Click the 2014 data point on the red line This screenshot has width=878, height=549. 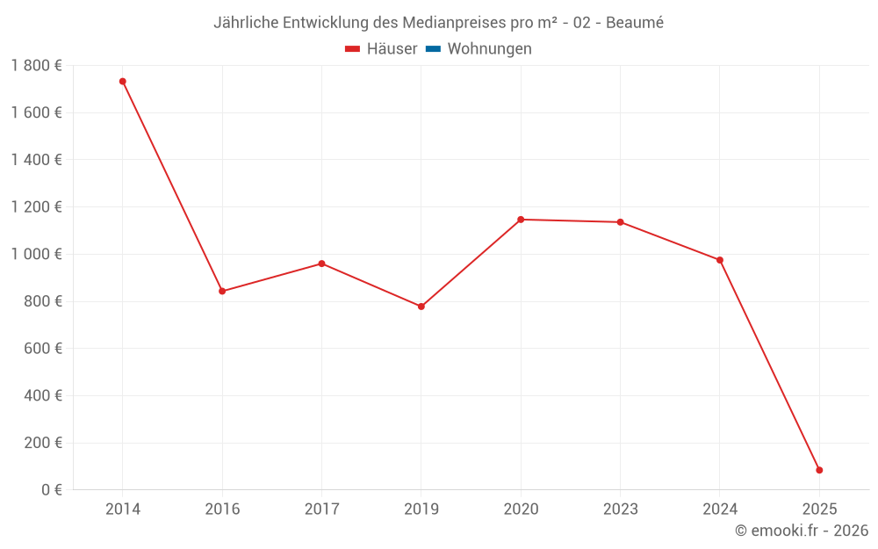(x=123, y=82)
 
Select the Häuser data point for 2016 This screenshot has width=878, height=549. (x=222, y=291)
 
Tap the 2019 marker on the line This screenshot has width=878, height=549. (x=421, y=307)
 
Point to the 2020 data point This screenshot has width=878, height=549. (x=521, y=220)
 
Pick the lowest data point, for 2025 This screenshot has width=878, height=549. (x=819, y=470)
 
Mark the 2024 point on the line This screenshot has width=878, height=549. (x=720, y=260)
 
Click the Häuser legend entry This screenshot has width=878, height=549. (x=381, y=49)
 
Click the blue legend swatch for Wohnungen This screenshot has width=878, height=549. (x=432, y=49)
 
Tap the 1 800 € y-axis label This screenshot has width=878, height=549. (x=36, y=66)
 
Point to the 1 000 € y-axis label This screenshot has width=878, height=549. (x=36, y=254)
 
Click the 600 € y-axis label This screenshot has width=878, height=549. (x=41, y=348)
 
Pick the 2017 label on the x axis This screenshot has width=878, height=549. (x=321, y=509)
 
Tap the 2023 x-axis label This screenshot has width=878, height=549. (x=620, y=509)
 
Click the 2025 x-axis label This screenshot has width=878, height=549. (x=819, y=509)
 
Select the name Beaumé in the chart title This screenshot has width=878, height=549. (x=635, y=22)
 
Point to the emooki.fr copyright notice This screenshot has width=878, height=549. (x=802, y=531)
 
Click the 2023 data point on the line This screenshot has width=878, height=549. (x=620, y=222)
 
